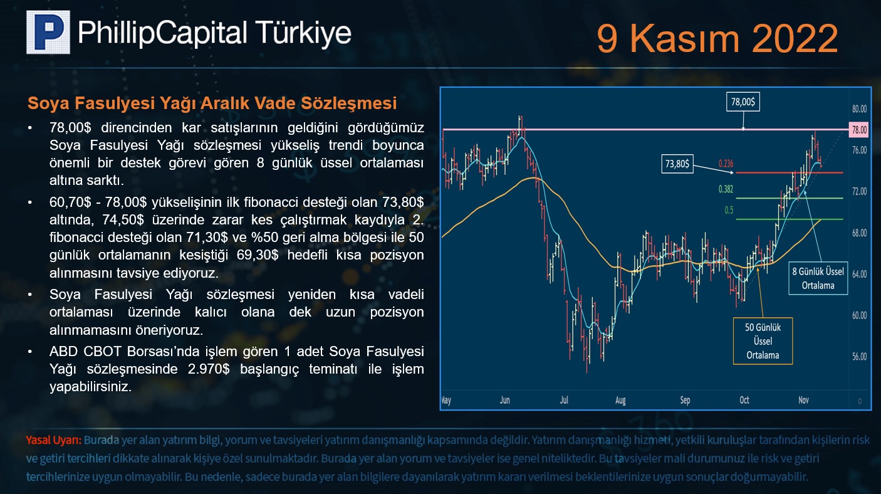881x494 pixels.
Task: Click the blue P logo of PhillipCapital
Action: (48, 32)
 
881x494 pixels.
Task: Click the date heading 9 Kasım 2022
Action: (717, 39)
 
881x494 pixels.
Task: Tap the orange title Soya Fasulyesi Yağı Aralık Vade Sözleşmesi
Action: (212, 103)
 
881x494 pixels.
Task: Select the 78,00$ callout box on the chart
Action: (743, 102)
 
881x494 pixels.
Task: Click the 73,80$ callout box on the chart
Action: (677, 164)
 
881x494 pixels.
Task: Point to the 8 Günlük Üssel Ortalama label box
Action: (818, 278)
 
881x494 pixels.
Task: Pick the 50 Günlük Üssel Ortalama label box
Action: (763, 341)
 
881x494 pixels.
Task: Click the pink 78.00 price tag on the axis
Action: (858, 130)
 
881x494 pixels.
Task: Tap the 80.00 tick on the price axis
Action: (859, 108)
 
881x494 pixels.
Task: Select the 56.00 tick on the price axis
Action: (859, 357)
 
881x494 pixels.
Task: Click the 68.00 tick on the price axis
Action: (859, 233)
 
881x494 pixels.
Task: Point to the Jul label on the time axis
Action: (563, 400)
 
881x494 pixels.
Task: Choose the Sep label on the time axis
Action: (685, 401)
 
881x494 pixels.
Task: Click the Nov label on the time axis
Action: (803, 400)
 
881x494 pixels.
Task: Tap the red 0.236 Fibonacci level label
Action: (726, 164)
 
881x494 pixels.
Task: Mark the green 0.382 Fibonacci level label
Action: (726, 189)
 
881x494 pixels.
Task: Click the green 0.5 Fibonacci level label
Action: (729, 210)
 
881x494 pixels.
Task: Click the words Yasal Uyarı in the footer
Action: (53, 440)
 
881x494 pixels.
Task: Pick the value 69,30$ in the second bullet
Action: (258, 255)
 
